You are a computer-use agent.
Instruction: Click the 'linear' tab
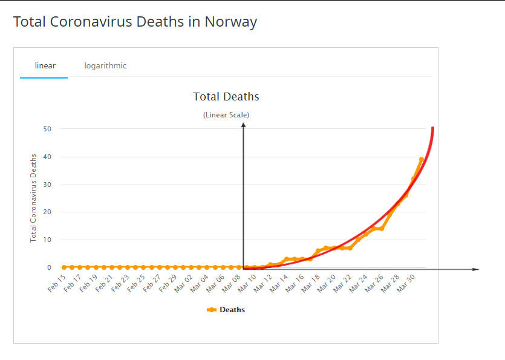pyautogui.click(x=45, y=65)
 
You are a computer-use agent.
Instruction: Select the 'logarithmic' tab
pyautogui.click(x=105, y=65)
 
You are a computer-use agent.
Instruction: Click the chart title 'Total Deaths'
pyautogui.click(x=226, y=97)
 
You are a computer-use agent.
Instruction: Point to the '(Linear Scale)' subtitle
pyautogui.click(x=226, y=114)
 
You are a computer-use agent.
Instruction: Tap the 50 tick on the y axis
pyautogui.click(x=47, y=129)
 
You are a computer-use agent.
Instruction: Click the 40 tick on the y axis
pyautogui.click(x=47, y=157)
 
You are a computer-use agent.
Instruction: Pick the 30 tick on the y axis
pyautogui.click(x=47, y=185)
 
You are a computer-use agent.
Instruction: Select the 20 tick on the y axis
pyautogui.click(x=47, y=212)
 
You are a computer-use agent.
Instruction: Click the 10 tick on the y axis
pyautogui.click(x=47, y=240)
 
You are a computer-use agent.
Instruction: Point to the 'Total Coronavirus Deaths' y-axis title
pyautogui.click(x=34, y=198)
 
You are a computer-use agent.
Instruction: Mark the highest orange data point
pyautogui.click(x=422, y=160)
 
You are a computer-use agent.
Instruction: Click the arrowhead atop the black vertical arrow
pyautogui.click(x=243, y=125)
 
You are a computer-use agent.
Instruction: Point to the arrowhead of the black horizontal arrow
pyautogui.click(x=477, y=269)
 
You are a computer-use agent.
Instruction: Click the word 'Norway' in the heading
pyautogui.click(x=230, y=22)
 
